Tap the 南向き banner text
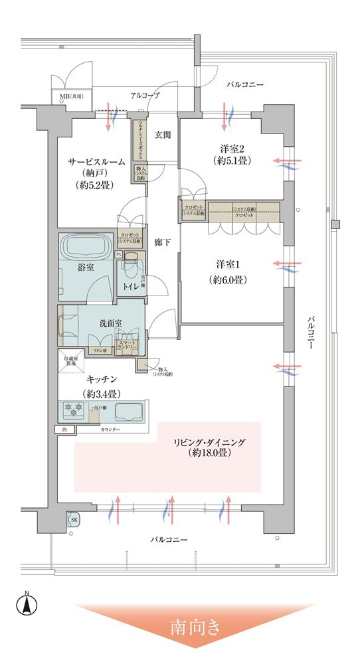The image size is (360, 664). point(197,625)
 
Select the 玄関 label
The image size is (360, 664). point(163,135)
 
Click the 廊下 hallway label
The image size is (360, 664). point(163,242)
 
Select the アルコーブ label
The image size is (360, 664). point(145,96)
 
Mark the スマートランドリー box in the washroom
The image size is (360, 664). point(126,345)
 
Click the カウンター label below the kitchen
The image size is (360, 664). point(110,431)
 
